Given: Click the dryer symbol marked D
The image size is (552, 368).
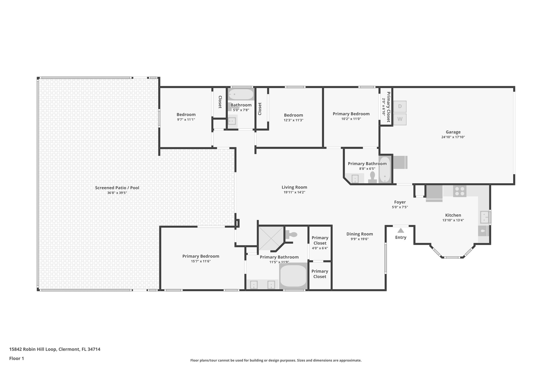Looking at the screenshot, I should pos(400,106).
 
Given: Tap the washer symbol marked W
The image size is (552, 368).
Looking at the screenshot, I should pos(400,119).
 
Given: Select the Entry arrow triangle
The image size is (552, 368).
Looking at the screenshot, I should pos(401,231).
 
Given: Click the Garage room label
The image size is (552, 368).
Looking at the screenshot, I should pos(453,132).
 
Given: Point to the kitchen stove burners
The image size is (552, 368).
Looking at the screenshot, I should pos(460,191).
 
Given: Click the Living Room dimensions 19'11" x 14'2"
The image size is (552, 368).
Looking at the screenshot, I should pos(294,192).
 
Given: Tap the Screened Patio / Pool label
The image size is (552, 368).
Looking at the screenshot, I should pos(117,188).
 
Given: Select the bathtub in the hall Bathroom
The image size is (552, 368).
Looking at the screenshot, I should pos(241,94).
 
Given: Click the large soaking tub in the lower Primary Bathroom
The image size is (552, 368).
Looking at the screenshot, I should pos(293,276).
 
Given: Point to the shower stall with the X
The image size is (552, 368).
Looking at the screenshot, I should pos(271,238).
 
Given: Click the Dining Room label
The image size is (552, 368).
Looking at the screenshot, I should pos(360,234).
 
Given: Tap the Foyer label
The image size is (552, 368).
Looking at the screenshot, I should pos(400,202).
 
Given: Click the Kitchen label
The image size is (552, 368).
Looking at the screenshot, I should pos(453,215).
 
